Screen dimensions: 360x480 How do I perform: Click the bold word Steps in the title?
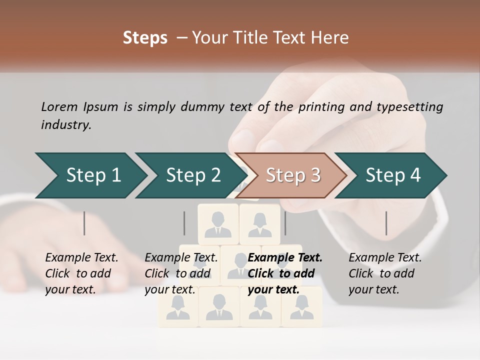tap(145, 38)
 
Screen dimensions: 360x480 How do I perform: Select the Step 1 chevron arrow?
tap(90, 175)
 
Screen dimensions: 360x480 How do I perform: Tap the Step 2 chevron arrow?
tap(190, 175)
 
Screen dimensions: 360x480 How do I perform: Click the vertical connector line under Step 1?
tap(84, 223)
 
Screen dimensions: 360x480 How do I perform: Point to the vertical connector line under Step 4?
tap(386, 223)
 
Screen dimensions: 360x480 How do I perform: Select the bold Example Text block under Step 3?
tap(285, 273)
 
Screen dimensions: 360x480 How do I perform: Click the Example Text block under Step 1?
tap(81, 273)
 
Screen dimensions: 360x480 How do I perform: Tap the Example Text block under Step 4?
tap(385, 273)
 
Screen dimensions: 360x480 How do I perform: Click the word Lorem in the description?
tap(59, 106)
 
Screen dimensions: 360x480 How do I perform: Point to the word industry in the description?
tap(66, 125)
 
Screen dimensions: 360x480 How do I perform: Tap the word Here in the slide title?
tap(329, 38)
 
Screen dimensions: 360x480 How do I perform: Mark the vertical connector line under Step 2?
tap(184, 223)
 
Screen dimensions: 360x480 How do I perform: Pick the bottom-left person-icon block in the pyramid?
tap(178, 307)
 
